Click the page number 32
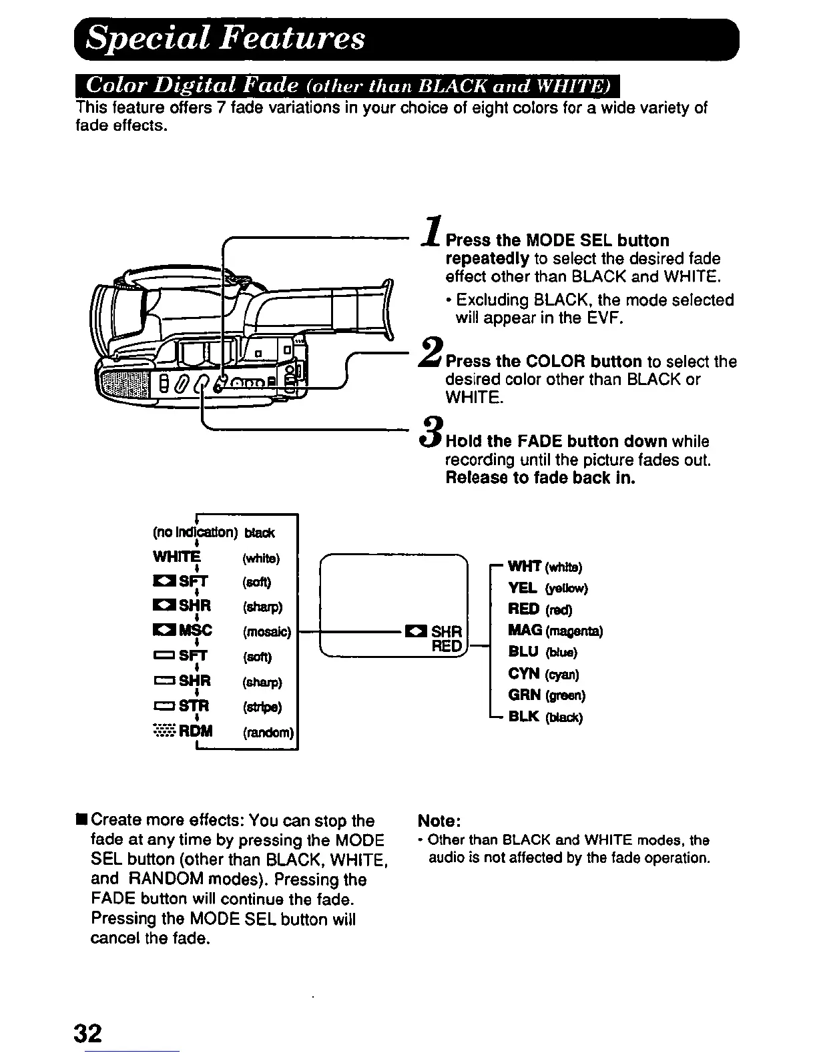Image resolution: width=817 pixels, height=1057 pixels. click(x=88, y=1034)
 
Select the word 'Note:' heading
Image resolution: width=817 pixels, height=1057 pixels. click(x=439, y=820)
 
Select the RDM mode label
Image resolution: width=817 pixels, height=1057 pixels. click(x=196, y=731)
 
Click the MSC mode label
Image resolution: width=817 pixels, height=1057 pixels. click(x=195, y=631)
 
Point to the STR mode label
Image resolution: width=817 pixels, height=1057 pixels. click(x=195, y=706)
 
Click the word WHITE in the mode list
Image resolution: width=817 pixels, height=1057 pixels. click(x=176, y=557)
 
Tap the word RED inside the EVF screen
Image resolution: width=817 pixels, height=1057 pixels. click(x=447, y=646)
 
